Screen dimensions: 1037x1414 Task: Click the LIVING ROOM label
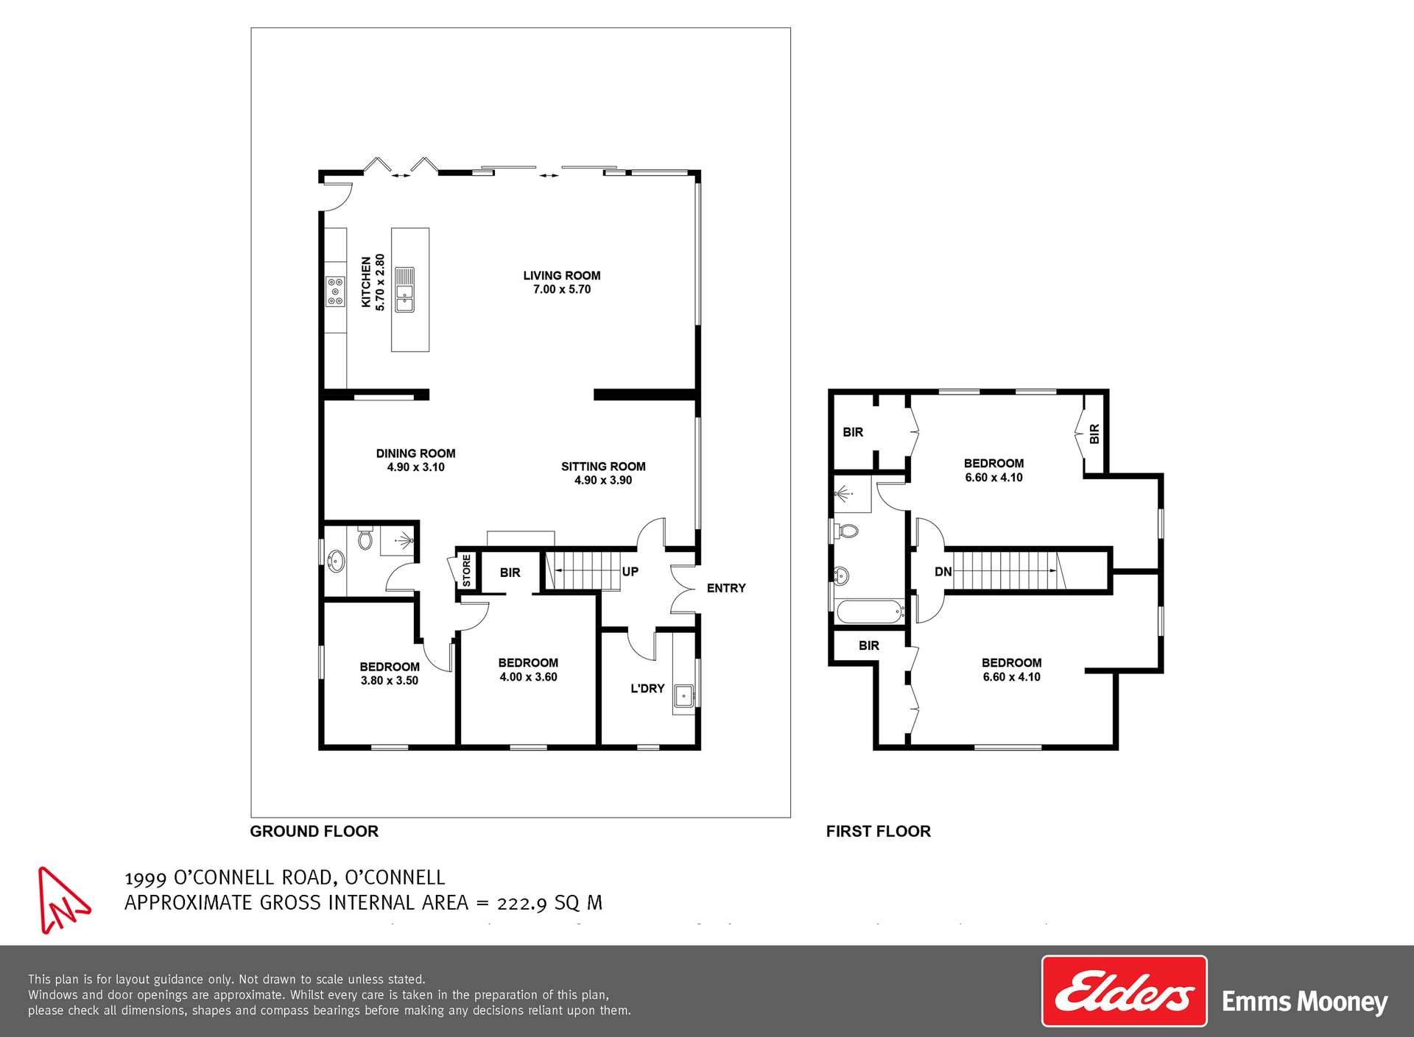562,276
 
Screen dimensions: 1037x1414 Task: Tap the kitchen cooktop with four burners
335,291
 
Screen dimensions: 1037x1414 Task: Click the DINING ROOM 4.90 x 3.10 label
415,460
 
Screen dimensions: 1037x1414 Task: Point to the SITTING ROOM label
603,467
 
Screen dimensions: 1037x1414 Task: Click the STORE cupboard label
466,570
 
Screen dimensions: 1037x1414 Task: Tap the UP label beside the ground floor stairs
630,572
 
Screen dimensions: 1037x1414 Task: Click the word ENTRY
726,588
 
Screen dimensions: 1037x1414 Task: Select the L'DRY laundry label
647,689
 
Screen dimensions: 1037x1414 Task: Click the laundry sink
684,694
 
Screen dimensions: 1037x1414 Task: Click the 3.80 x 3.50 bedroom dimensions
389,681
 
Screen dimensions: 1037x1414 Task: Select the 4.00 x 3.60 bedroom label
528,670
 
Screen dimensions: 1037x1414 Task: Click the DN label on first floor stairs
943,572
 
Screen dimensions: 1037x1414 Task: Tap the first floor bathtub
870,612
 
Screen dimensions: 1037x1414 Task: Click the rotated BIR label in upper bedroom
1094,433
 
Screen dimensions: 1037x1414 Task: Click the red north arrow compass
62,901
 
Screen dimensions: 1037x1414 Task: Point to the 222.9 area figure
521,903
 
